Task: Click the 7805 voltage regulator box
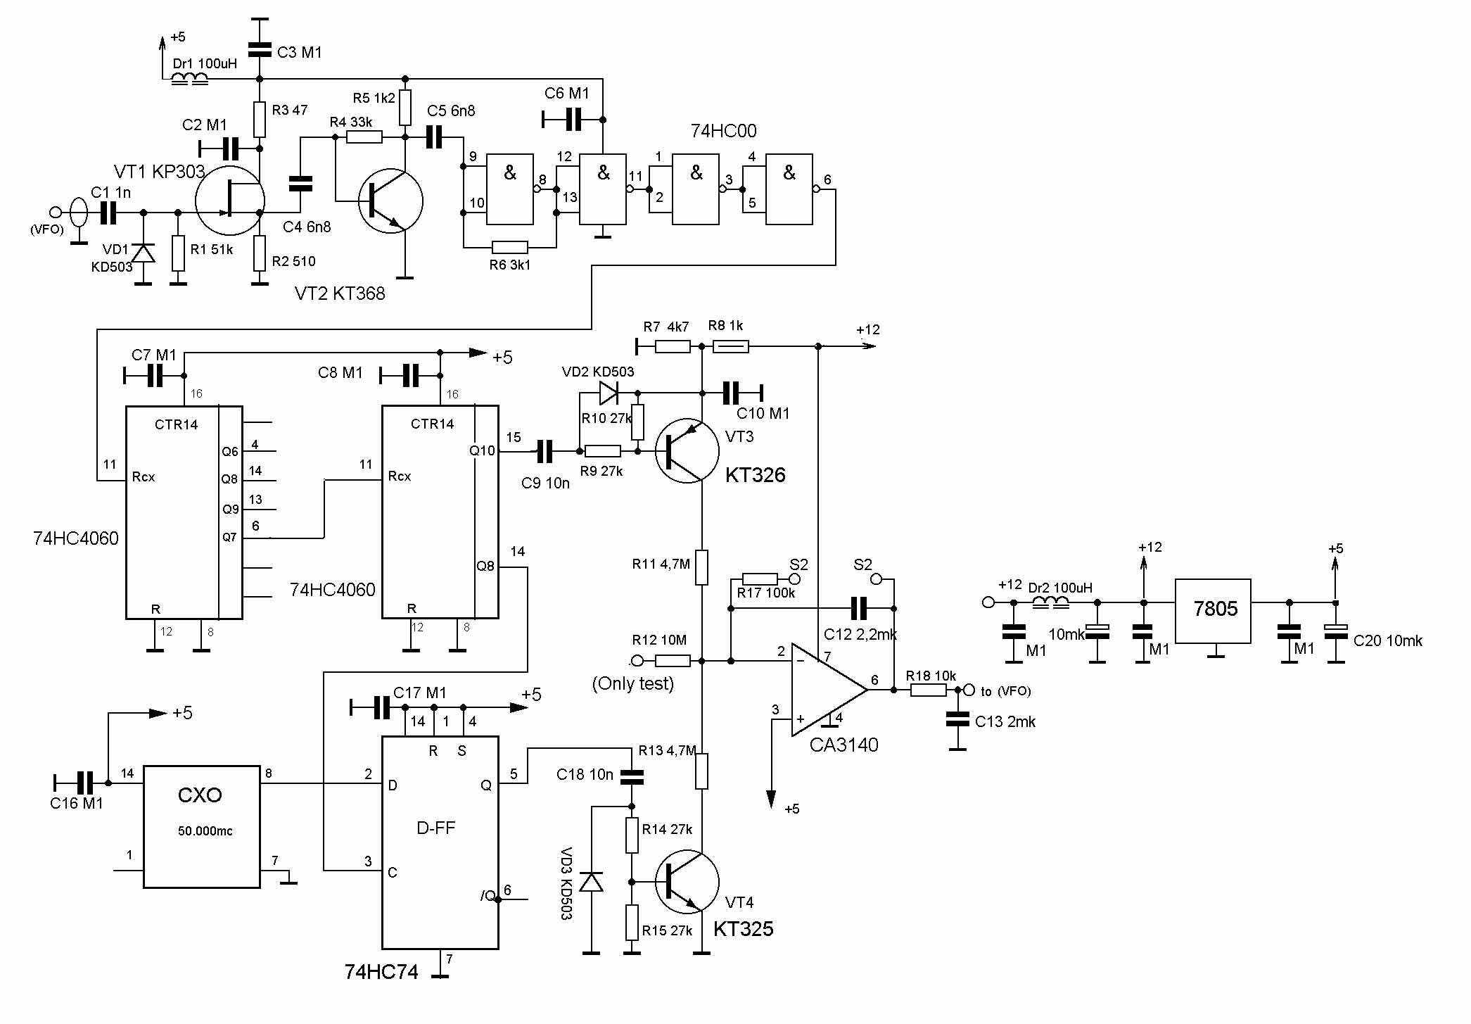click(x=1213, y=611)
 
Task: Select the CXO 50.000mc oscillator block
click(x=201, y=826)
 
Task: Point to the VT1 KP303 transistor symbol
click(x=229, y=201)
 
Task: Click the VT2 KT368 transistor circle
click(x=390, y=201)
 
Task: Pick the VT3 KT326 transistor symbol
click(x=687, y=450)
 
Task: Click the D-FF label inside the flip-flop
click(x=436, y=828)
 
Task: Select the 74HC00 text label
click(x=723, y=131)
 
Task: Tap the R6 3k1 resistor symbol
click(x=509, y=247)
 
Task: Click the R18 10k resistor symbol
click(x=928, y=690)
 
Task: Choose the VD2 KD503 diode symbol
click(x=608, y=392)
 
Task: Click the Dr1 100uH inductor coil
click(x=190, y=79)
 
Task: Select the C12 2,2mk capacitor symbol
click(x=859, y=607)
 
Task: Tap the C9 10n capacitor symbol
click(x=545, y=451)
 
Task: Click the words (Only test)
click(x=632, y=683)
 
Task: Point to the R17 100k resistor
click(x=760, y=579)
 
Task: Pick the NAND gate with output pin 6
click(x=789, y=189)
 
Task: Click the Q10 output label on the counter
click(x=482, y=451)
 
